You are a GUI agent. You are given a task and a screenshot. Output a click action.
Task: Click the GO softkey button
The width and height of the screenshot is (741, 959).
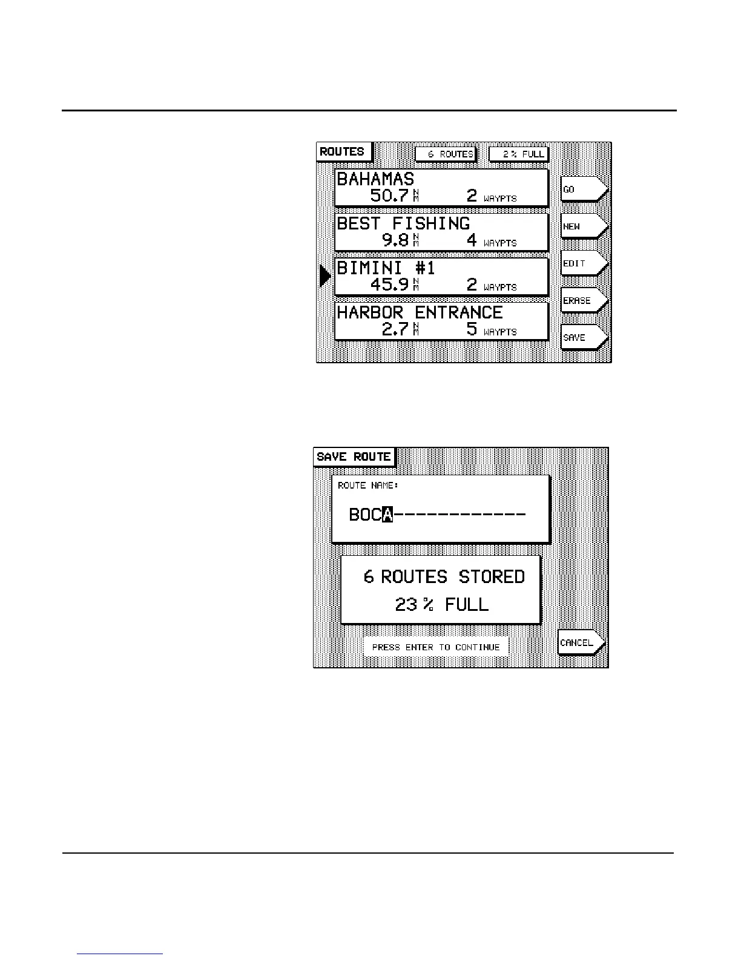(583, 189)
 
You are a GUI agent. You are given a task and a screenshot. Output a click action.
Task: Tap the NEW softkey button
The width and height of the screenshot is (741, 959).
(583, 226)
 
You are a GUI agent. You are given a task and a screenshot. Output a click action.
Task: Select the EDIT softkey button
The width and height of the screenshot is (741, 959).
(583, 263)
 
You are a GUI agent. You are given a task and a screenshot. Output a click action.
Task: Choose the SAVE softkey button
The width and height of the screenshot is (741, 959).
(583, 337)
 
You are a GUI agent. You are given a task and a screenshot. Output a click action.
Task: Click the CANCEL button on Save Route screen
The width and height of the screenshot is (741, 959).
(580, 642)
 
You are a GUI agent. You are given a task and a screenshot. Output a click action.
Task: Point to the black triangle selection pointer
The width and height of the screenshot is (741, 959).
(324, 276)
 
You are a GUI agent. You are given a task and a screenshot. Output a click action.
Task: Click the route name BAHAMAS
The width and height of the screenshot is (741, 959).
(375, 179)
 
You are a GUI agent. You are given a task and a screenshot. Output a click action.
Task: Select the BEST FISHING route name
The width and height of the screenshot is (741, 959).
(403, 223)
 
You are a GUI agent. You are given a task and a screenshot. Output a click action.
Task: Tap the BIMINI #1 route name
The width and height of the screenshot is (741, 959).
(386, 268)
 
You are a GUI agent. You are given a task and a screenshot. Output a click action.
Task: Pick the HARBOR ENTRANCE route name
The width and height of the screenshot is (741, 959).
(420, 312)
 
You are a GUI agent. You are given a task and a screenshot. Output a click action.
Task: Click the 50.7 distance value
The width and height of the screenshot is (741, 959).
(389, 196)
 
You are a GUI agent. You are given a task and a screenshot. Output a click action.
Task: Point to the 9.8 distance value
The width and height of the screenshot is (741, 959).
(395, 240)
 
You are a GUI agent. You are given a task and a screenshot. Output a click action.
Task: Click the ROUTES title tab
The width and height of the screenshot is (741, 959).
(342, 151)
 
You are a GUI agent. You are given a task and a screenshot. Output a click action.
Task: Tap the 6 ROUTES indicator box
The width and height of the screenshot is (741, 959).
(446, 154)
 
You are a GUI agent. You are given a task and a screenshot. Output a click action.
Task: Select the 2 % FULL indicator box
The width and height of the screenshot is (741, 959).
(518, 154)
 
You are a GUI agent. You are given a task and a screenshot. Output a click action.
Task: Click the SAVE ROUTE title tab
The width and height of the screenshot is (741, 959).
(354, 456)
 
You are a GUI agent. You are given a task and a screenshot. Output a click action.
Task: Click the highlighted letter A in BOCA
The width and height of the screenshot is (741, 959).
(388, 515)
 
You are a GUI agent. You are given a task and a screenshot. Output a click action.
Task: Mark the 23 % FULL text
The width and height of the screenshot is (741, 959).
(441, 604)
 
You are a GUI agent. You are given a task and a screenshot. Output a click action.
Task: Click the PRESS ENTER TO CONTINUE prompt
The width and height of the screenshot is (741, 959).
(436, 647)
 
